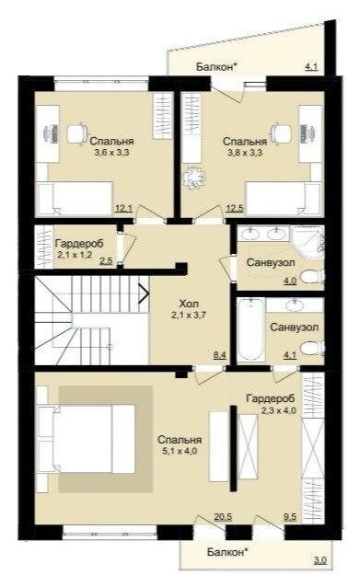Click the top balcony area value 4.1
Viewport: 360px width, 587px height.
pos(311,67)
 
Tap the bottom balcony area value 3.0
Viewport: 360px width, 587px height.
pos(320,560)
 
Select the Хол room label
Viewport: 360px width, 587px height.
pos(189,304)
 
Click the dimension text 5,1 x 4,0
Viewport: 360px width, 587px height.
pos(179,451)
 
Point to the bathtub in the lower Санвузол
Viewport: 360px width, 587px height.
pos(250,329)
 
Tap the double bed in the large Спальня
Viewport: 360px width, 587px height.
pos(87,438)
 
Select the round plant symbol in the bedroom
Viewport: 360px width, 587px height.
pos(193,176)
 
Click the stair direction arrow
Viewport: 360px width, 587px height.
pos(144,293)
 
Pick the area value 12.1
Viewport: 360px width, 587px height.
pos(123,209)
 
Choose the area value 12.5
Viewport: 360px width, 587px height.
pos(235,209)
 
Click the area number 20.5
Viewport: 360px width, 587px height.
pos(223,517)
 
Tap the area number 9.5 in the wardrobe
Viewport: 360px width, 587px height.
pos(290,517)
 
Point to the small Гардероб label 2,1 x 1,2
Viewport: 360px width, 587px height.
pos(75,255)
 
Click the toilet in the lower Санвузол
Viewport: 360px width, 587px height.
pos(313,348)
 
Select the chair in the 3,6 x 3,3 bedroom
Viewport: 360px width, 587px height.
pos(76,132)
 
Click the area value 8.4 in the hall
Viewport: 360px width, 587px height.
pos(219,354)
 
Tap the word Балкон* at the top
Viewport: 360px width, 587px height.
pos(217,67)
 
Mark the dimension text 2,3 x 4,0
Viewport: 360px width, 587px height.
pos(279,410)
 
